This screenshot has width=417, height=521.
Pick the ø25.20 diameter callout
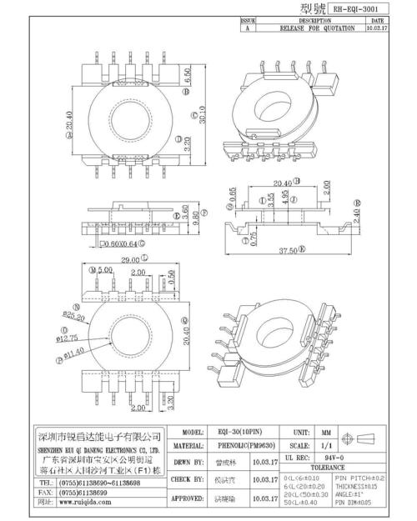(x=73, y=317)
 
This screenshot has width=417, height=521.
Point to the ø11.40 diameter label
(x=71, y=354)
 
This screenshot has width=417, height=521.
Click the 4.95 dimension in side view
(x=285, y=201)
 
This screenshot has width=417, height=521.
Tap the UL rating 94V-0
(x=334, y=460)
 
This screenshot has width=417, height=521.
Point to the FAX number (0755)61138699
(x=88, y=493)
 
